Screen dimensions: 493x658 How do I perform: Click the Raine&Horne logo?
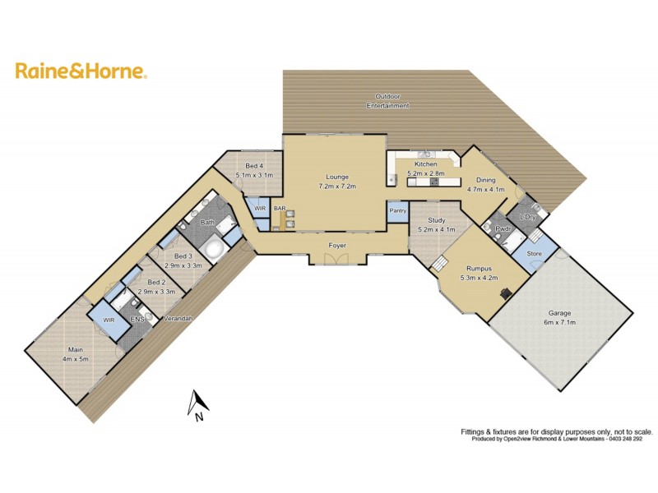tap(81, 71)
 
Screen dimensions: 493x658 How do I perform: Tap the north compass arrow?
tap(197, 403)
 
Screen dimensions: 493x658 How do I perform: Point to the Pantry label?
tap(398, 211)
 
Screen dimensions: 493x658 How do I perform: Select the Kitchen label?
tap(425, 164)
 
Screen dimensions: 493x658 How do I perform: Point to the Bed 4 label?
tap(254, 167)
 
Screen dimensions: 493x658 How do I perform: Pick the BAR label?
tap(280, 209)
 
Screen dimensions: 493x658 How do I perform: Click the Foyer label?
tap(337, 245)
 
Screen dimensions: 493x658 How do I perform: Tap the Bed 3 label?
tap(183, 257)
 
